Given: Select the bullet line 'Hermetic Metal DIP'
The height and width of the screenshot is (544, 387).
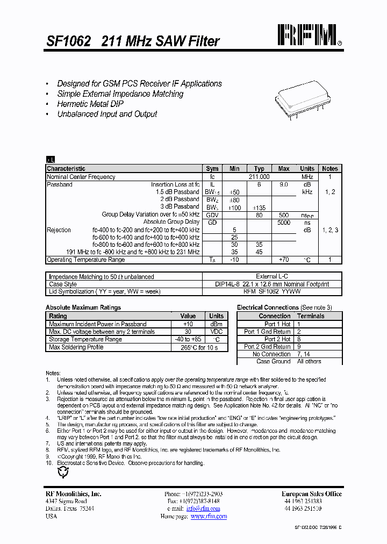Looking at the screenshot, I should [x=90, y=104].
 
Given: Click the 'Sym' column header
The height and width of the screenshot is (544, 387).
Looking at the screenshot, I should [x=212, y=169].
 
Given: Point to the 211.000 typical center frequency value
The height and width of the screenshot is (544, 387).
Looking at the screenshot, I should [x=259, y=177].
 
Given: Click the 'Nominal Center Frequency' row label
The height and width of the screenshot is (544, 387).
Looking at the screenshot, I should [x=81, y=177].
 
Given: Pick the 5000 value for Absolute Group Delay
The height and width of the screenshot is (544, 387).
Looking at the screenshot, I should [x=284, y=222].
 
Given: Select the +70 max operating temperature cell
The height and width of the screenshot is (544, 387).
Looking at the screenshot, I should [x=284, y=260].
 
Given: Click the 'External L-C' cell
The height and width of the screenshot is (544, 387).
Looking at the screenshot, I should [x=272, y=277].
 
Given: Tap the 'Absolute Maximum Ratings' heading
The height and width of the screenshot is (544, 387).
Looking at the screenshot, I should [x=83, y=307].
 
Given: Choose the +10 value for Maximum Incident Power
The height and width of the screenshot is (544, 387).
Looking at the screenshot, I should [x=188, y=324].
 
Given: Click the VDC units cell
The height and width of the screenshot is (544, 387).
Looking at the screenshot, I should [x=216, y=332].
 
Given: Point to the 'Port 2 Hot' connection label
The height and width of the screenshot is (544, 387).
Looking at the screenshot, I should [x=277, y=339].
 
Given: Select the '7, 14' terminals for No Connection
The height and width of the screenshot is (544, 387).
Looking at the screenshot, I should [x=304, y=354].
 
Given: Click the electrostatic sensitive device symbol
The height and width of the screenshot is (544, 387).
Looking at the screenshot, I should [x=63, y=473].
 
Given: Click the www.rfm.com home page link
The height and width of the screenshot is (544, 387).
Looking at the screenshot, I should [x=209, y=516].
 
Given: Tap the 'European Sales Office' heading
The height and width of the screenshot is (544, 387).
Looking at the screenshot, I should [x=311, y=494].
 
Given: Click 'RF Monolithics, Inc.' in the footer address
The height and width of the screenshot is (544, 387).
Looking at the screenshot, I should [x=73, y=494].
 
